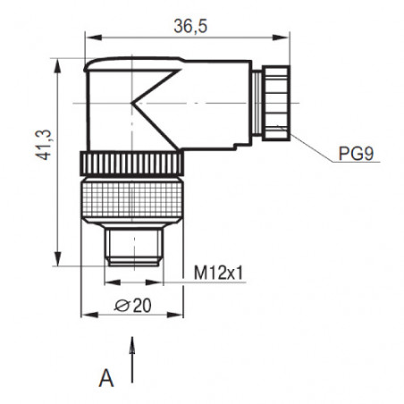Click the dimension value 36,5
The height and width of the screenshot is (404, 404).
[188, 27]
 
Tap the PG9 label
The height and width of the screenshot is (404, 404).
[355, 153]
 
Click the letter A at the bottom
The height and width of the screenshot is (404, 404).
[106, 378]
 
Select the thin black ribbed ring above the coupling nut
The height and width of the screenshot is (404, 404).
[132, 164]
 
